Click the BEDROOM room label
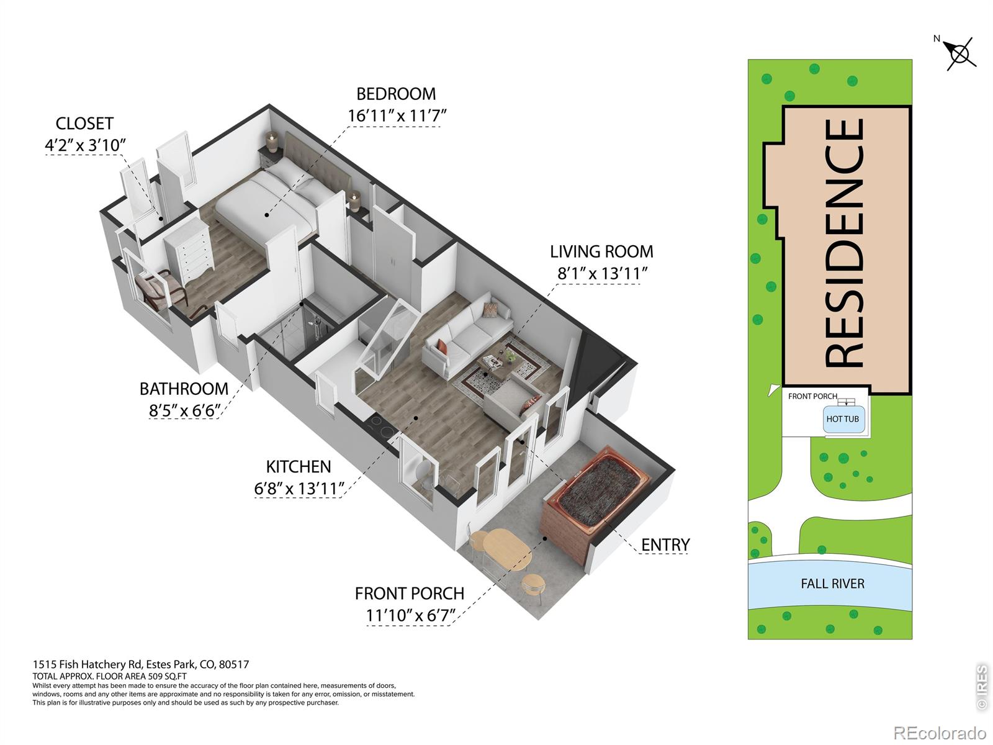coord(396,94)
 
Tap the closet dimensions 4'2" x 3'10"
coord(85,145)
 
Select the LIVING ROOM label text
coord(601,251)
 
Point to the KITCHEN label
coord(298,466)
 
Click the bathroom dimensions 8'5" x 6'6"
coord(184,410)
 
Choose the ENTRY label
coord(665,544)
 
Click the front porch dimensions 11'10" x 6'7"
coord(410,615)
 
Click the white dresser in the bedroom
coord(189,249)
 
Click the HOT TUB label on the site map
coord(842,419)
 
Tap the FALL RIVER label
coord(832,584)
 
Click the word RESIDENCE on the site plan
coord(844,243)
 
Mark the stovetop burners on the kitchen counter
coord(381,428)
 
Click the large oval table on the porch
coord(506,549)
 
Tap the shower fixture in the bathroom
coord(317,328)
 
